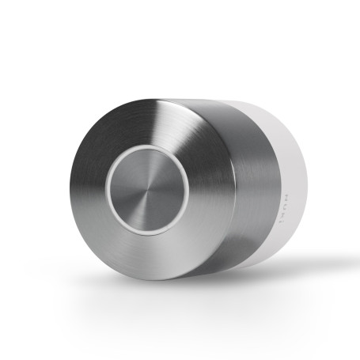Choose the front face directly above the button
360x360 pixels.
(147, 123)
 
